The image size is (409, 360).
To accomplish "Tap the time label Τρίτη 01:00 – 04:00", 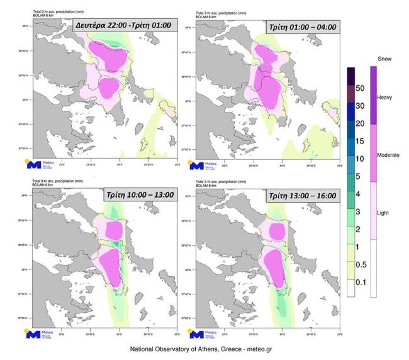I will (x=302, y=27).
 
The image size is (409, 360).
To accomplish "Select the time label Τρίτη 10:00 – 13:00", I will (x=139, y=195).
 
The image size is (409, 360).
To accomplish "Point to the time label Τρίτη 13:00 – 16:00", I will (x=302, y=196).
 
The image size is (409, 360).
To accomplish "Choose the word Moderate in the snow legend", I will (x=388, y=155).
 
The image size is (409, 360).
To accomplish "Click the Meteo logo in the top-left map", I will (x=40, y=164).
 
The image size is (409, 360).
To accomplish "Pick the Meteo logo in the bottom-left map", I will (x=40, y=333).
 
